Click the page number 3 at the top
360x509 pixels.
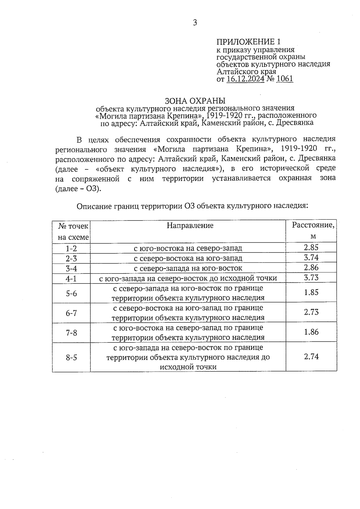(195, 23)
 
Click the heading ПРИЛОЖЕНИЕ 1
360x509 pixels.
(249, 42)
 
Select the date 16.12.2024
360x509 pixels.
(245, 79)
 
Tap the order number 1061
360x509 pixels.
(284, 79)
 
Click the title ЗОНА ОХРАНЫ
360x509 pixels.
(195, 100)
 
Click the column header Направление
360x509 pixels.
(190, 226)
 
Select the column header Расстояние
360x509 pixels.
(313, 225)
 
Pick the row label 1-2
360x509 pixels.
(71, 248)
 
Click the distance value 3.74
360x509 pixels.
(311, 258)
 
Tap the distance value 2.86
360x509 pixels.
(311, 268)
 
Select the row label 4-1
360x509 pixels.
(71, 279)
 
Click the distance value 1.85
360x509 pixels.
(311, 292)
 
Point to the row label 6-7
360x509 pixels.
(71, 313)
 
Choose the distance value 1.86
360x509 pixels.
(311, 332)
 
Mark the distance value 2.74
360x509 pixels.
(311, 357)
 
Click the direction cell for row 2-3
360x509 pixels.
(188, 258)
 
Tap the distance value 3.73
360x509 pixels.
(311, 278)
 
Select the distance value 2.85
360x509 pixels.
(311, 247)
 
